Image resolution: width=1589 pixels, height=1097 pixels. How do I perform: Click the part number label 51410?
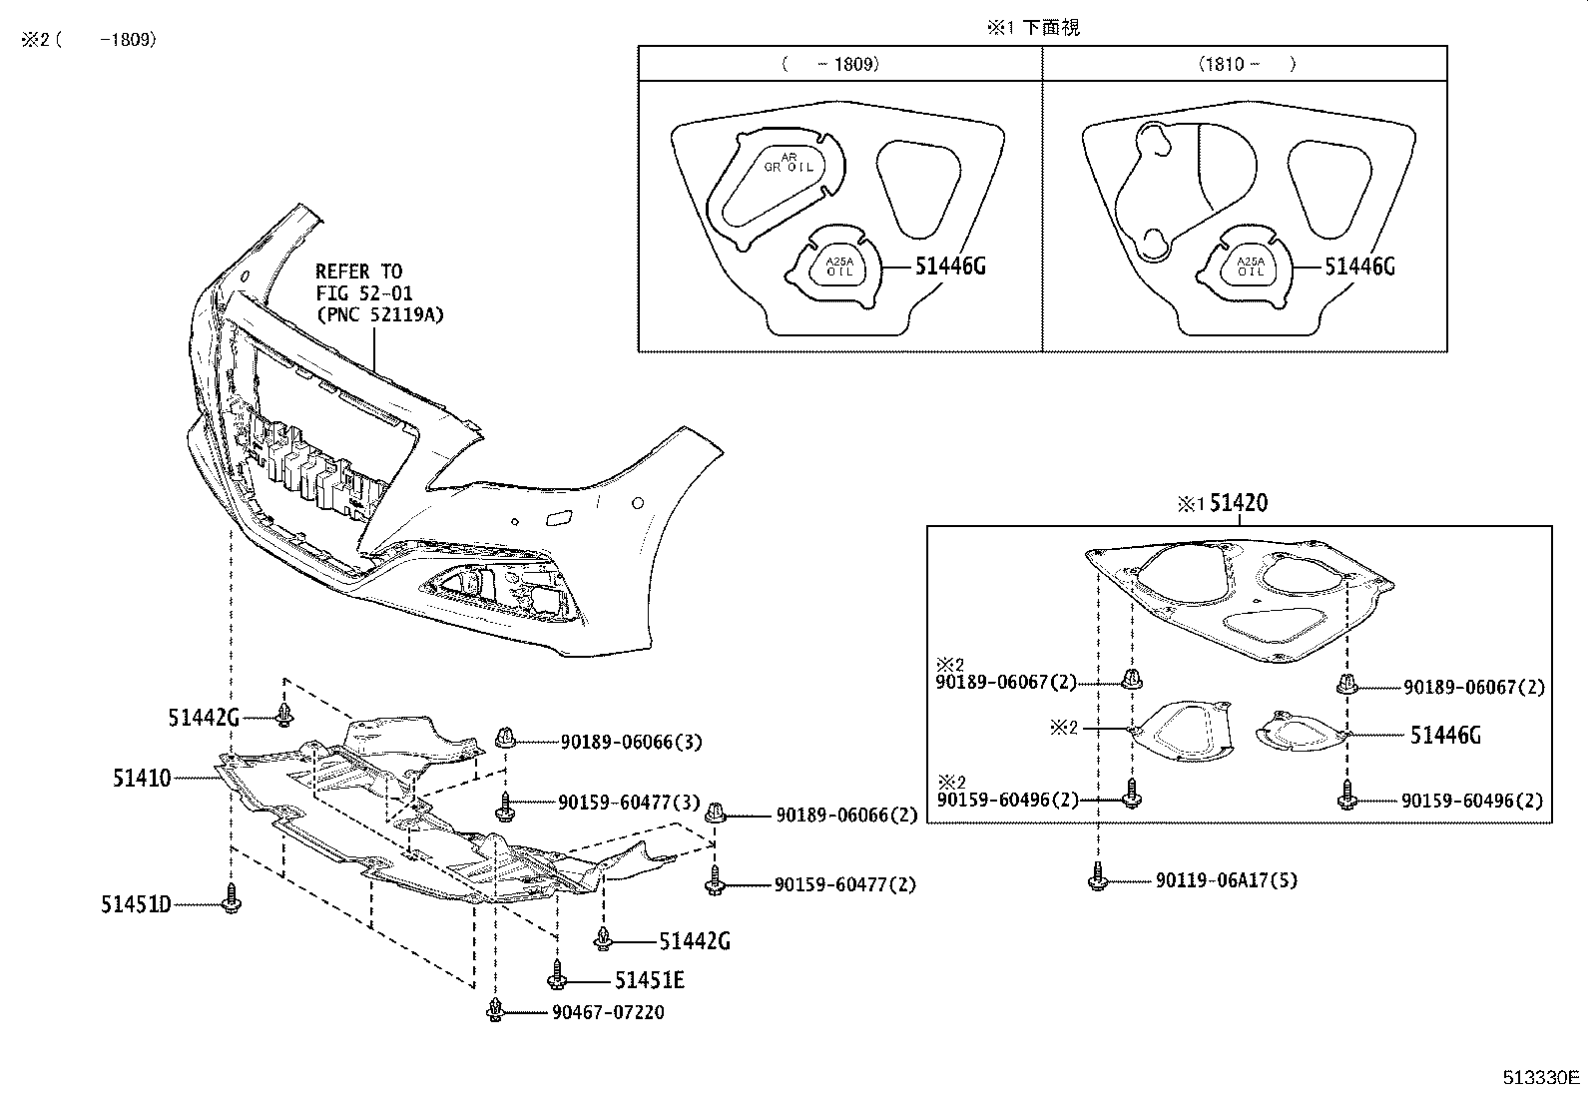141,777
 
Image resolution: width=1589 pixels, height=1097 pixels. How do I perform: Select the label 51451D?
135,904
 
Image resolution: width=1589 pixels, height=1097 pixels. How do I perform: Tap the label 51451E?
650,980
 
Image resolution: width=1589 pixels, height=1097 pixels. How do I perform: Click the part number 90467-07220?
607,1012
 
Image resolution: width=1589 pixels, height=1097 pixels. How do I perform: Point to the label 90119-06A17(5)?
1227,880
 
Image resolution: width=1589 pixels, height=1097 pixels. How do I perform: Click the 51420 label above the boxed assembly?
1238,503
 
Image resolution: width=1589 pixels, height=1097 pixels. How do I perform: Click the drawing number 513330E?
1541,1078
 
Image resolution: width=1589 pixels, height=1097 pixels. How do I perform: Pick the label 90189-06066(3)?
630,742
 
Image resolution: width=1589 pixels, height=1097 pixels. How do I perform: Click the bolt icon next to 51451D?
232,899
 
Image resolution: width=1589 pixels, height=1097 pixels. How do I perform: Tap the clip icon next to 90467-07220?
495,1009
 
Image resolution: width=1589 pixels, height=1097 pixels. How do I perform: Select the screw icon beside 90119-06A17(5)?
1098,878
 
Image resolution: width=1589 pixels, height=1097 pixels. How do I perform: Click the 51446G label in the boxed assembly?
1444,736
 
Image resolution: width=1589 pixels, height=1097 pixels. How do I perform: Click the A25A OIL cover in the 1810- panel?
1250,267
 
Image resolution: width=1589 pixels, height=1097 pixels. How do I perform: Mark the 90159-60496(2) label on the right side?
1471,801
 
